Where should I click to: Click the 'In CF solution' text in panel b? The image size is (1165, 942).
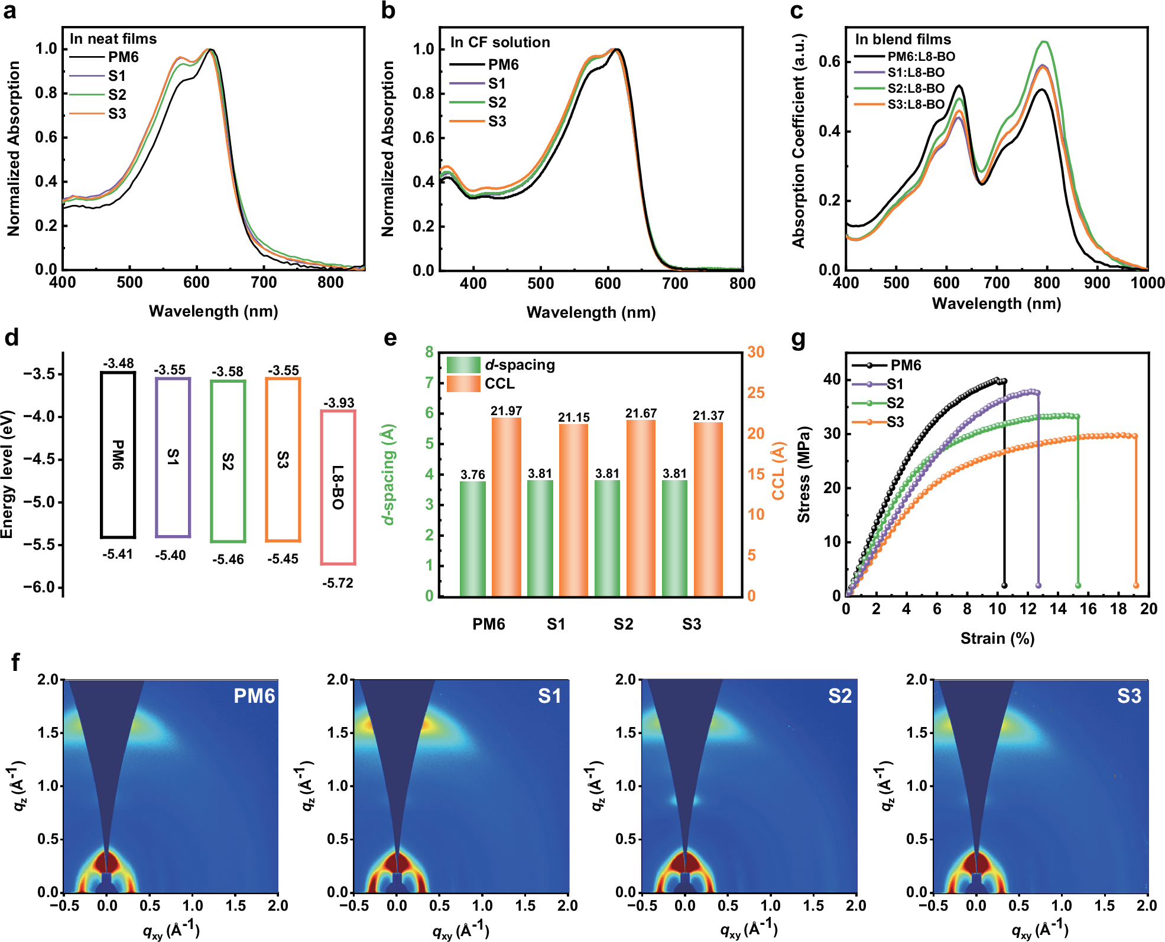pyautogui.click(x=500, y=43)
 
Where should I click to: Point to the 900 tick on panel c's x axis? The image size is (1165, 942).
pyautogui.click(x=1097, y=283)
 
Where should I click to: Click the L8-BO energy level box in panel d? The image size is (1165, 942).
pyautogui.click(x=338, y=487)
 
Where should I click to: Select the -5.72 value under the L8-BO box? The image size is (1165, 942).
pyautogui.click(x=338, y=584)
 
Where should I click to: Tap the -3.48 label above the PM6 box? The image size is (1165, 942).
pyautogui.click(x=118, y=363)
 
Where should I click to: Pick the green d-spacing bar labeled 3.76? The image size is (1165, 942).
pyautogui.click(x=473, y=538)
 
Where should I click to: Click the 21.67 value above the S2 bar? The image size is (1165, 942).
pyautogui.click(x=641, y=413)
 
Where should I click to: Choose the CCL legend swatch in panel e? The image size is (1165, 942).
pyautogui.click(x=463, y=384)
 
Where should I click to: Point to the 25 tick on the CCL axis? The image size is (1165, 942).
pyautogui.click(x=756, y=393)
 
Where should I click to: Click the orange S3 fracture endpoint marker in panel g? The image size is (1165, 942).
pyautogui.click(x=1135, y=585)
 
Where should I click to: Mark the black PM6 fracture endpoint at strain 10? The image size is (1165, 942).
pyautogui.click(x=1004, y=585)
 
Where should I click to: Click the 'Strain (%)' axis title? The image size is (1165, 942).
pyautogui.click(x=997, y=638)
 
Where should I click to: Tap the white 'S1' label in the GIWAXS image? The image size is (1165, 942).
pyautogui.click(x=549, y=696)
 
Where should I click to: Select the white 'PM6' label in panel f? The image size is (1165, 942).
pyautogui.click(x=254, y=696)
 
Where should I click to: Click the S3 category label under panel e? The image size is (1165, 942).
pyautogui.click(x=691, y=624)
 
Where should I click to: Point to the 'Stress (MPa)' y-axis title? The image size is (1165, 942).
pyautogui.click(x=803, y=474)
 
